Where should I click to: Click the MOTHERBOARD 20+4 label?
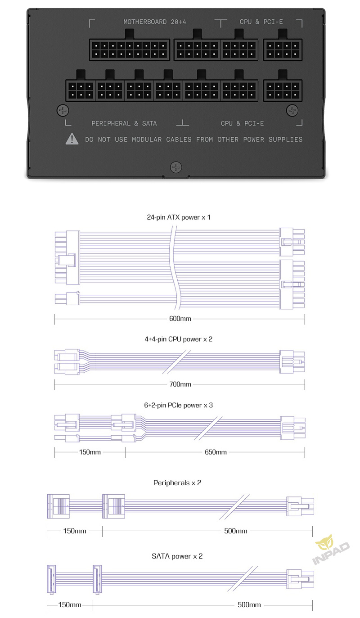point(154,22)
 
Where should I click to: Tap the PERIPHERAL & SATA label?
point(124,123)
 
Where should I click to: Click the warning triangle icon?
point(72,139)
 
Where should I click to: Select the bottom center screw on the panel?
point(175,167)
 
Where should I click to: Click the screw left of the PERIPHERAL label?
point(63,110)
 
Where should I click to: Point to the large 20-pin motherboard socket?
point(129,50)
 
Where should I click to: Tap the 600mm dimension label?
point(180,319)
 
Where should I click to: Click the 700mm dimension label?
point(180,384)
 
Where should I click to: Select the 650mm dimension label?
point(216,452)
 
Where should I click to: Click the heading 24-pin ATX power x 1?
point(179,217)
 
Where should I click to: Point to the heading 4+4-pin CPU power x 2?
point(179,339)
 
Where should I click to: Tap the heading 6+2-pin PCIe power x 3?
point(179,405)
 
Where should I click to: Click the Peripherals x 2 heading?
point(177,483)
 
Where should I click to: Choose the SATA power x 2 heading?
point(177,556)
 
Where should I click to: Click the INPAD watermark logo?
point(330,550)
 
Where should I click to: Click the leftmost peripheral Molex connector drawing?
point(58,506)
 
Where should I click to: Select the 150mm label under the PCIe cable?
point(90,452)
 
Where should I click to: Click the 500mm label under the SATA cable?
point(249,605)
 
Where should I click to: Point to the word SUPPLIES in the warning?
point(285,140)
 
